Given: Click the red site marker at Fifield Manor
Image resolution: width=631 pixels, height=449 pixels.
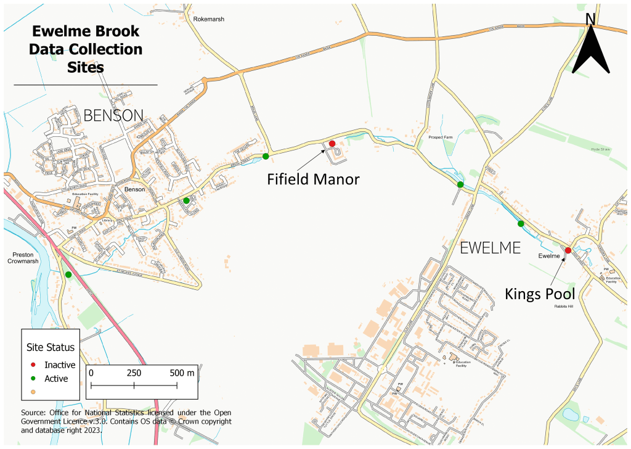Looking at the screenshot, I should (x=332, y=144).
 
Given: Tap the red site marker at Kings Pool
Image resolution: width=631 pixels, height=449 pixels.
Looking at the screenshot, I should (x=568, y=250).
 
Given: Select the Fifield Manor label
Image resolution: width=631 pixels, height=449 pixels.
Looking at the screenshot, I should (x=313, y=179).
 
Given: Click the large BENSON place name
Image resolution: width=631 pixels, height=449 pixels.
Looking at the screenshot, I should (x=113, y=115).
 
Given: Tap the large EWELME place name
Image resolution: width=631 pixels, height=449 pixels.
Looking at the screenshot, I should (x=491, y=248).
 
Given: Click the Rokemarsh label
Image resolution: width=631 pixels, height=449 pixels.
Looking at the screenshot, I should (x=208, y=19).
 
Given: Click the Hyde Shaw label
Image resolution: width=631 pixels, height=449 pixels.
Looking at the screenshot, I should (x=600, y=150).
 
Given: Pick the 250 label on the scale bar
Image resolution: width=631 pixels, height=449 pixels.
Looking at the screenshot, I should (x=134, y=373).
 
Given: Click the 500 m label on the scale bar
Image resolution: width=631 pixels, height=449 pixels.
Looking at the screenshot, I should (x=182, y=373).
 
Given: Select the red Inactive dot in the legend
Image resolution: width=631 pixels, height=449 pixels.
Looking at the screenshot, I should (x=33, y=365).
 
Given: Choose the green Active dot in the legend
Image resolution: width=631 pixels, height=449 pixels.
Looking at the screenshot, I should (x=33, y=378).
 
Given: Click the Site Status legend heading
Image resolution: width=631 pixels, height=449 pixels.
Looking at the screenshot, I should (x=50, y=348).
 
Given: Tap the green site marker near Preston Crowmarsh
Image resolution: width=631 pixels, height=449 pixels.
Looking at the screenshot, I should (x=68, y=274).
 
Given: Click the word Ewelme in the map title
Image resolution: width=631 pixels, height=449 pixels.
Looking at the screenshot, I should (x=58, y=31).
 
